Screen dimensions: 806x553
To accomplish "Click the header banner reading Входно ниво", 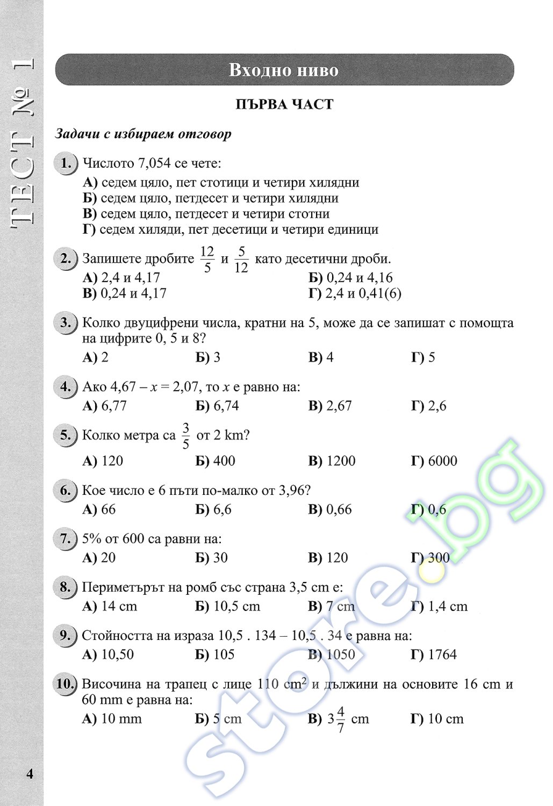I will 284,70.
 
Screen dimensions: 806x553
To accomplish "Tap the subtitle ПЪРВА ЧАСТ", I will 284,104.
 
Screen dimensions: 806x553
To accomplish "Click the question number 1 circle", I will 66,163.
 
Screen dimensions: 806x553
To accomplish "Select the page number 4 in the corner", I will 30,774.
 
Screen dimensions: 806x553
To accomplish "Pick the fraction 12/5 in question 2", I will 207,259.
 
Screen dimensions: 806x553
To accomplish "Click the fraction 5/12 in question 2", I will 241,259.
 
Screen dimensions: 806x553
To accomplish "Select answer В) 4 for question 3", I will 321,357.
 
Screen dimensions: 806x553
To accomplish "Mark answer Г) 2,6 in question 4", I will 429,406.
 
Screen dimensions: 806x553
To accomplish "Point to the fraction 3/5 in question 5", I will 186,436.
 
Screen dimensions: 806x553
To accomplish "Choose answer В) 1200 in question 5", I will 332,461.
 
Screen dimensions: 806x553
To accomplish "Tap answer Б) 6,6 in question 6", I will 213,509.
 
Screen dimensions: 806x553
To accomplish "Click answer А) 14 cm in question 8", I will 110,606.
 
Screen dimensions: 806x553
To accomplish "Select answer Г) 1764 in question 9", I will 434,654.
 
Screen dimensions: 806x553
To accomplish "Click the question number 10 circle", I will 65,685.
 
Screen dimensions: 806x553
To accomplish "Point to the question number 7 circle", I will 65,539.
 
